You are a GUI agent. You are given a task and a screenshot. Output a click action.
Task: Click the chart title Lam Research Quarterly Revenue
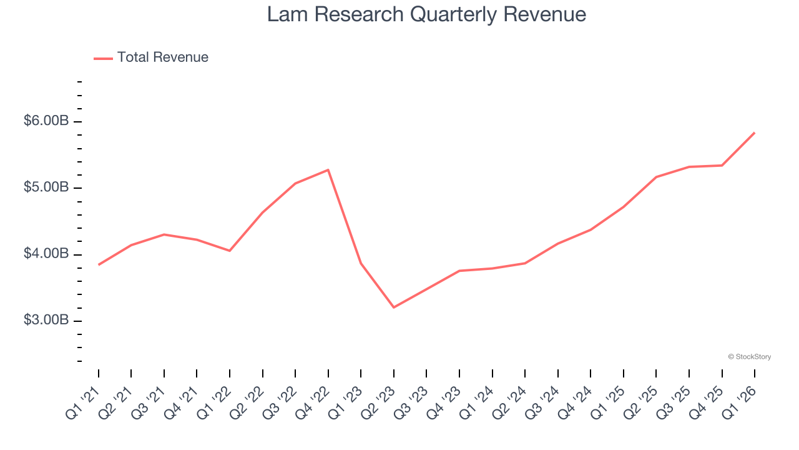[x=426, y=14]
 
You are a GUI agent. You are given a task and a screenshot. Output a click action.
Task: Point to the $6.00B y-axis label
[x=46, y=121]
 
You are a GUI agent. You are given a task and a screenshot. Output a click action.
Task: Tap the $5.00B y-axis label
[x=46, y=187]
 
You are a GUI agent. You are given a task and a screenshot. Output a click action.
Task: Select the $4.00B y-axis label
[x=46, y=254]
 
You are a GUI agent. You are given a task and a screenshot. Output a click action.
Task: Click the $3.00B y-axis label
[x=46, y=321]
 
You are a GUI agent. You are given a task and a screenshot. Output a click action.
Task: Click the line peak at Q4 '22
[x=328, y=170]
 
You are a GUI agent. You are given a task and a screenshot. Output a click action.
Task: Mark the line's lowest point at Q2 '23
[x=394, y=307]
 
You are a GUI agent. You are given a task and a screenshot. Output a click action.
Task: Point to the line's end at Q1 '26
[x=755, y=132]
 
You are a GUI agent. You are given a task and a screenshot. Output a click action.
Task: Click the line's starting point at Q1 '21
[x=99, y=265]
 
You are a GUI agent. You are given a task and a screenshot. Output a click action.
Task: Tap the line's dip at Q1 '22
[x=230, y=251]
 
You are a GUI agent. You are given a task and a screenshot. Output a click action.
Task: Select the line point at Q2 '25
[x=656, y=177]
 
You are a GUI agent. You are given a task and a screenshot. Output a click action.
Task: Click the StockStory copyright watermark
[x=749, y=357]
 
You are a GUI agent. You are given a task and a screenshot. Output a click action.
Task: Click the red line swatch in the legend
[x=103, y=58]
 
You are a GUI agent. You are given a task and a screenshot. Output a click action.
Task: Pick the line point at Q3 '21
[x=164, y=234]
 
